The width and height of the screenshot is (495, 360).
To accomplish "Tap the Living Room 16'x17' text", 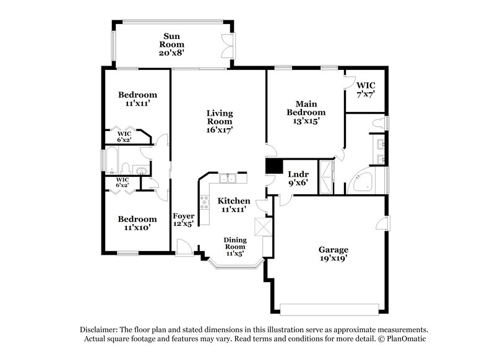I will point(220,121).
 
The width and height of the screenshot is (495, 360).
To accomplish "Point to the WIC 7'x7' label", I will point(365,89).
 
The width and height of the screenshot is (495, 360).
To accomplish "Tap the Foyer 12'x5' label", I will point(183,220).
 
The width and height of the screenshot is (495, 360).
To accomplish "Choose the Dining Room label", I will point(235,246).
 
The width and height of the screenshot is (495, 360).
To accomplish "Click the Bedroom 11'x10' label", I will point(137,223).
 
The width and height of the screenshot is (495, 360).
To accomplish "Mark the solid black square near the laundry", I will point(273,166).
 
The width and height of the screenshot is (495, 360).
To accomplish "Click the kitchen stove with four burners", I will point(204,200).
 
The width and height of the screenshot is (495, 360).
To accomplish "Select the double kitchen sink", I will point(228,179).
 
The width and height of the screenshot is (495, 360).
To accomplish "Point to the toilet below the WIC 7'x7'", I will point(378,123).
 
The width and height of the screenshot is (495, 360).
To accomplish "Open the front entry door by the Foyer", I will point(183,248).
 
